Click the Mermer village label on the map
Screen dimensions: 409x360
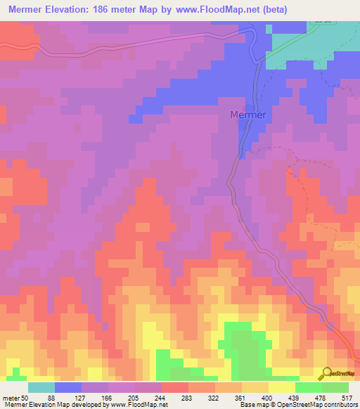pyautogui.click(x=248, y=115)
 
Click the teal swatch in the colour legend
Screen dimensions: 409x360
pyautogui.click(x=41, y=387)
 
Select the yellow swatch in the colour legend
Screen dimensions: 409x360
pyautogui.click(x=282, y=387)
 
